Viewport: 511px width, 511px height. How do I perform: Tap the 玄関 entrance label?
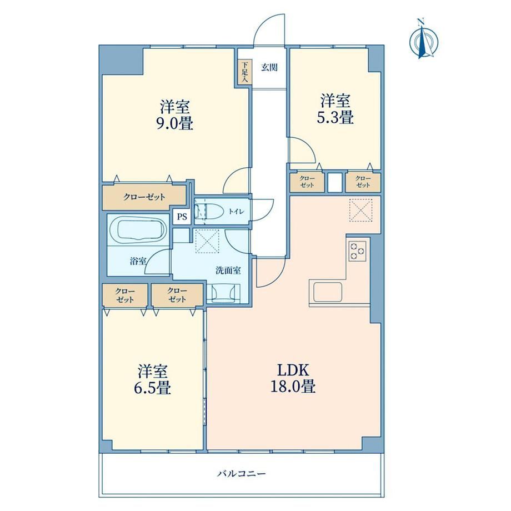point(269,67)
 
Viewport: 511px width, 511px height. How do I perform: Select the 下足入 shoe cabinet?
point(244,72)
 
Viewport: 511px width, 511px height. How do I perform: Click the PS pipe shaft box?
point(182,217)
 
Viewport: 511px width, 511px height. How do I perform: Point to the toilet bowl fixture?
point(209,211)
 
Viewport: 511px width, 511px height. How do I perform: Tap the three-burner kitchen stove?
point(358,251)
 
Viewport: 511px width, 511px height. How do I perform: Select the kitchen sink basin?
point(328,292)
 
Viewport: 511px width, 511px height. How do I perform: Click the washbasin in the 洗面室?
point(223,293)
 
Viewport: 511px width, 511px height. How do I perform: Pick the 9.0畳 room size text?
point(175,124)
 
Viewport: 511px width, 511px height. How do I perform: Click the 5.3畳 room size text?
point(335,118)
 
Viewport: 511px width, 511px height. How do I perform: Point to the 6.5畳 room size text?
point(152,388)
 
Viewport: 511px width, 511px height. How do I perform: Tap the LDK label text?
point(293,370)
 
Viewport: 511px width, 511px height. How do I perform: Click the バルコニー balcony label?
point(242,473)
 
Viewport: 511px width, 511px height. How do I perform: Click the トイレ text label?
point(236,212)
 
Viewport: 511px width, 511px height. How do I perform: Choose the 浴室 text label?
point(138,261)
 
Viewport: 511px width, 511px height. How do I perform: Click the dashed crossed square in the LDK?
point(360,210)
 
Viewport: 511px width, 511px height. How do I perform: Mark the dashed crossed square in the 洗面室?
point(207,241)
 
